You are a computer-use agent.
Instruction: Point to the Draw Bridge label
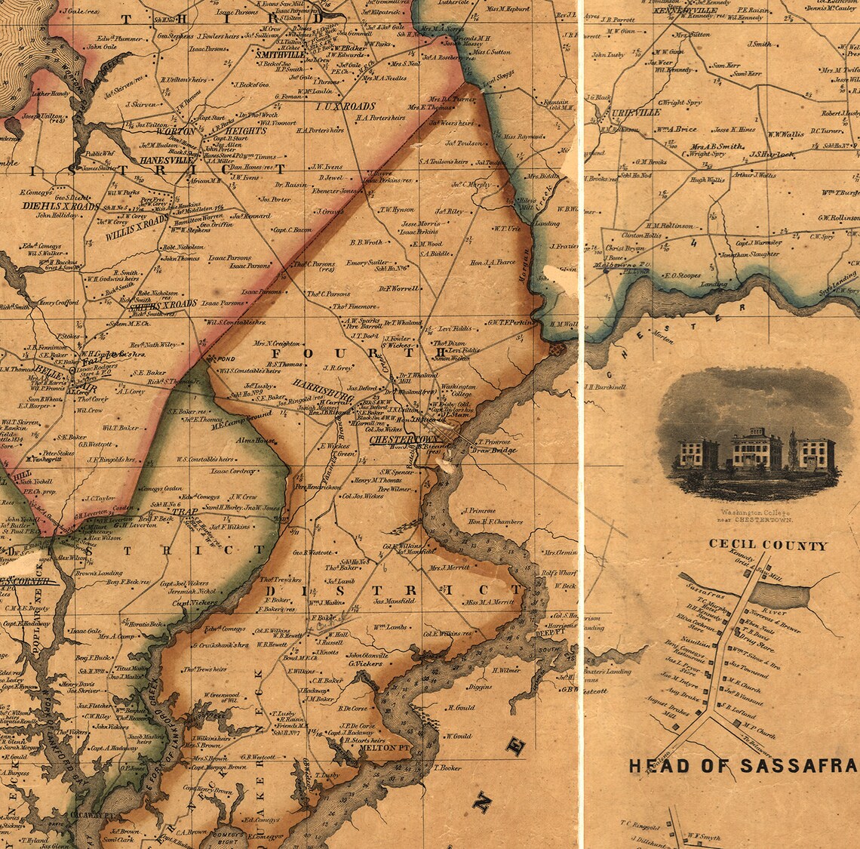click(x=493, y=451)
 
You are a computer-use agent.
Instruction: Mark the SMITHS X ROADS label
click(x=163, y=303)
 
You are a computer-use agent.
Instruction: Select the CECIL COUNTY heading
click(x=767, y=545)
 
